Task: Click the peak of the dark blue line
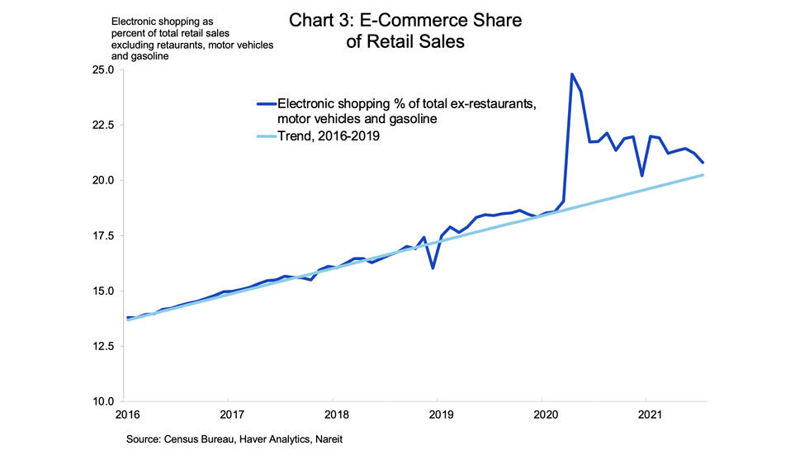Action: point(572,74)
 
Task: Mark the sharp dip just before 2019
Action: point(433,268)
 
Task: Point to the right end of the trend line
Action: point(703,175)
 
